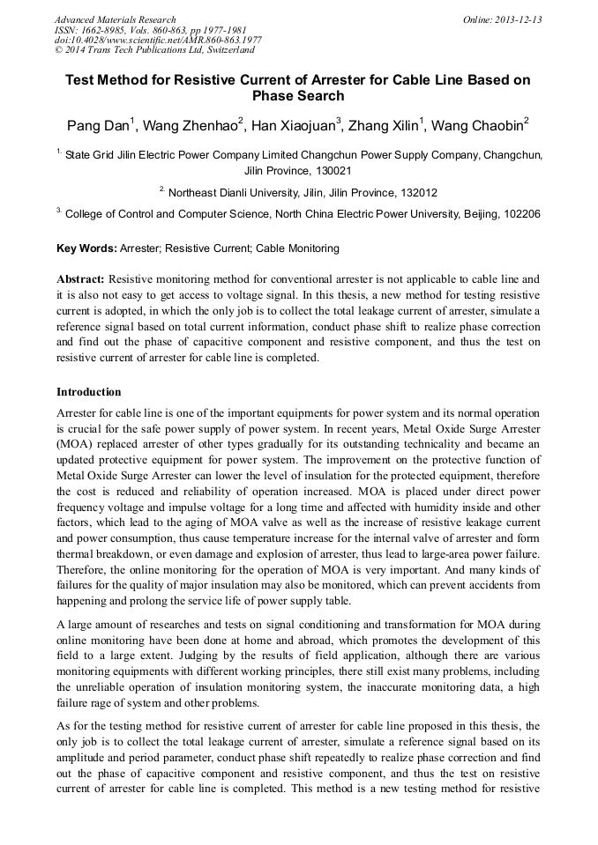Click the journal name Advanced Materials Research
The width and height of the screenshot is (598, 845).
[x=116, y=19]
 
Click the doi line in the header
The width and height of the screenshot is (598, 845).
[x=158, y=41]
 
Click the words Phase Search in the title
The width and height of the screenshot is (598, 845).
[x=298, y=96]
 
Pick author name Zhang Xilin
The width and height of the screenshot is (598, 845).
[x=386, y=126]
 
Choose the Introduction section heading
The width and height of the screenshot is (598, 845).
[x=88, y=392]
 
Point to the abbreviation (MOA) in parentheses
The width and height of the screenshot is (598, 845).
[x=74, y=445]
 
